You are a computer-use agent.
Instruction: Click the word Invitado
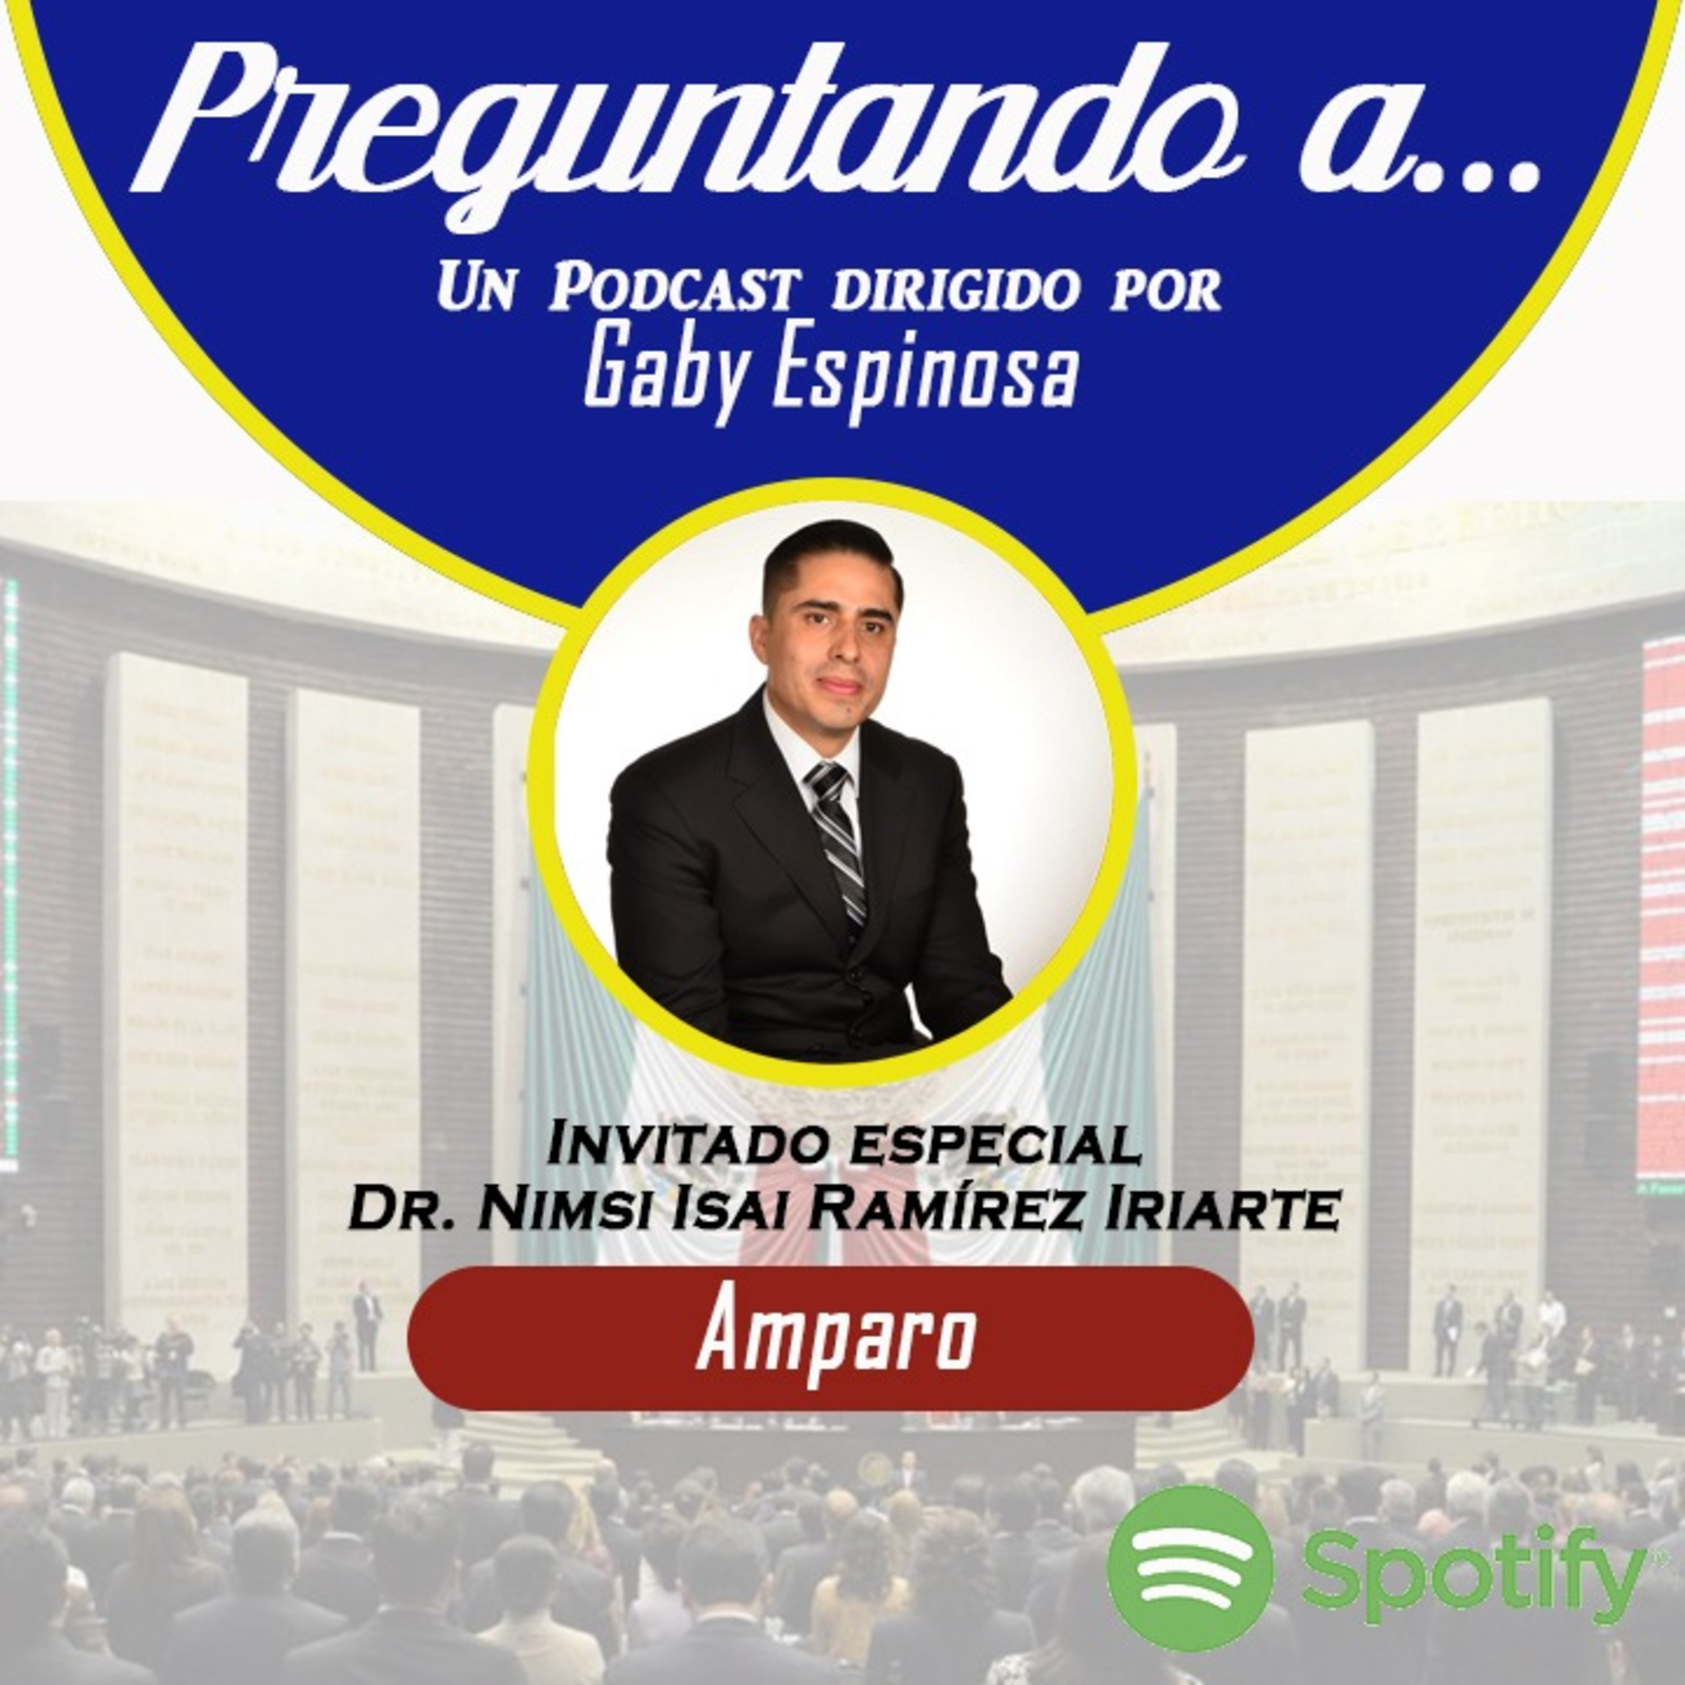[x=685, y=1145]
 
